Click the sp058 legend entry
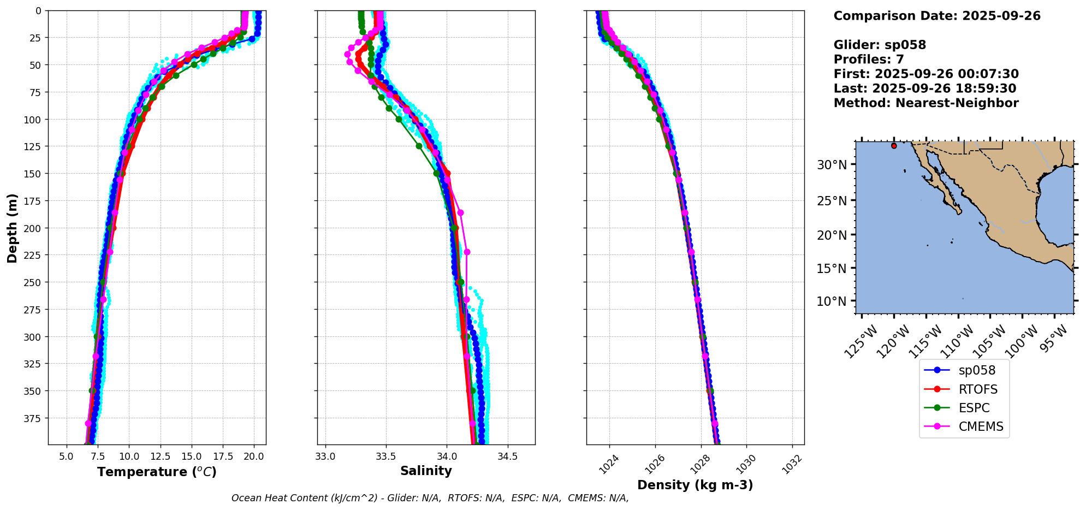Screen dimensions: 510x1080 tap(976, 370)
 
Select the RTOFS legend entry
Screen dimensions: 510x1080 tap(977, 389)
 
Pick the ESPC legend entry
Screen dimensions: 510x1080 tap(974, 408)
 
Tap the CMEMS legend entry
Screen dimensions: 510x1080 tap(981, 426)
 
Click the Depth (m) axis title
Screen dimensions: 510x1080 tap(12, 228)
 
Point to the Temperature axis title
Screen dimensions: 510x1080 tap(157, 472)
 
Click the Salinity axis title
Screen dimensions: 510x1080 tap(426, 471)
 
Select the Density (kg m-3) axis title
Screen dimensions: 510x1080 tap(695, 485)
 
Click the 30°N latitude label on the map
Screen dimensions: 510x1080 tap(832, 165)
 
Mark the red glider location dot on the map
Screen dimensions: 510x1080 tap(894, 146)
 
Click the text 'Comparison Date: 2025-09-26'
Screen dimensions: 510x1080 tap(937, 16)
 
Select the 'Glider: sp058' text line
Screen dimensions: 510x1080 tap(880, 45)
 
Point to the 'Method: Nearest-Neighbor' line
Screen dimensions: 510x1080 tap(926, 103)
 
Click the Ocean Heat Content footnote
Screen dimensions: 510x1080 tap(430, 498)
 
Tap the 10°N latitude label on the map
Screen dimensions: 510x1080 tap(832, 301)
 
